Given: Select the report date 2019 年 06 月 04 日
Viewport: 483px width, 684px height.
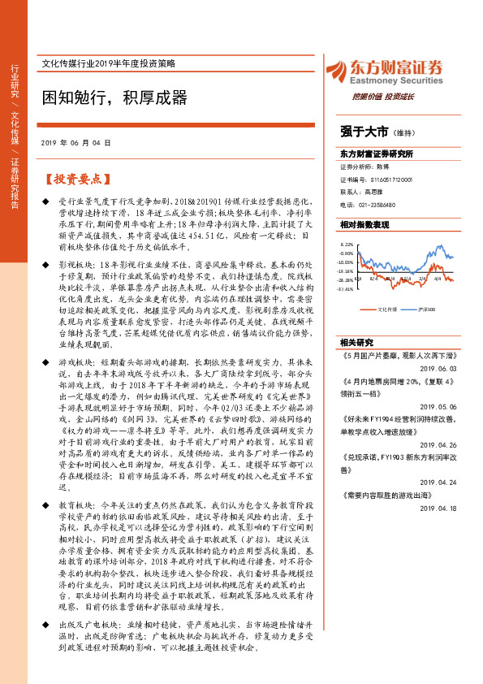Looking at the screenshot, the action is pyautogui.click(x=75, y=142).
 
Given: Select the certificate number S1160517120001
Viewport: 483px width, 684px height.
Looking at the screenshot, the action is pyautogui.click(x=381, y=180).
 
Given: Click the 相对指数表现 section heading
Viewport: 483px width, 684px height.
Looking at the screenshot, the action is pyautogui.click(x=364, y=223).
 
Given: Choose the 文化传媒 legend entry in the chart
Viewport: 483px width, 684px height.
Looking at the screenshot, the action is pyautogui.click(x=385, y=310).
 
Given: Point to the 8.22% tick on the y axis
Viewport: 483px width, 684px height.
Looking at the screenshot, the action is pyautogui.click(x=347, y=244).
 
